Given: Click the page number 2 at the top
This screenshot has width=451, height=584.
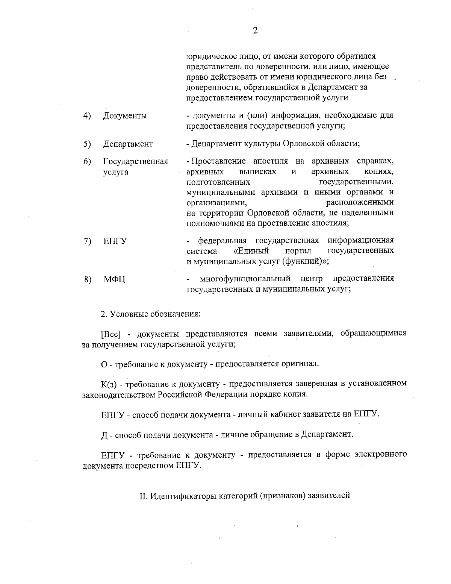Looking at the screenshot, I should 255,31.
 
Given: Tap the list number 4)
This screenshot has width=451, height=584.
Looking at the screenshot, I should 87,115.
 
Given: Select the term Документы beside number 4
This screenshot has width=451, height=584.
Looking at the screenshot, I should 125,116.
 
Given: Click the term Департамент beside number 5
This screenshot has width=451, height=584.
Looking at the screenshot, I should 128,144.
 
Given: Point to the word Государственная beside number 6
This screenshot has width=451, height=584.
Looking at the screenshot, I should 135,162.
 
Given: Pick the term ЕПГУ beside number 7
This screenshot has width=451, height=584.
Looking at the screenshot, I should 115,241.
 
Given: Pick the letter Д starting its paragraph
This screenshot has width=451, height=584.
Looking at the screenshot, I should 104,435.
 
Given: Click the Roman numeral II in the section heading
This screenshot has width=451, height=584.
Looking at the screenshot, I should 143,496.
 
